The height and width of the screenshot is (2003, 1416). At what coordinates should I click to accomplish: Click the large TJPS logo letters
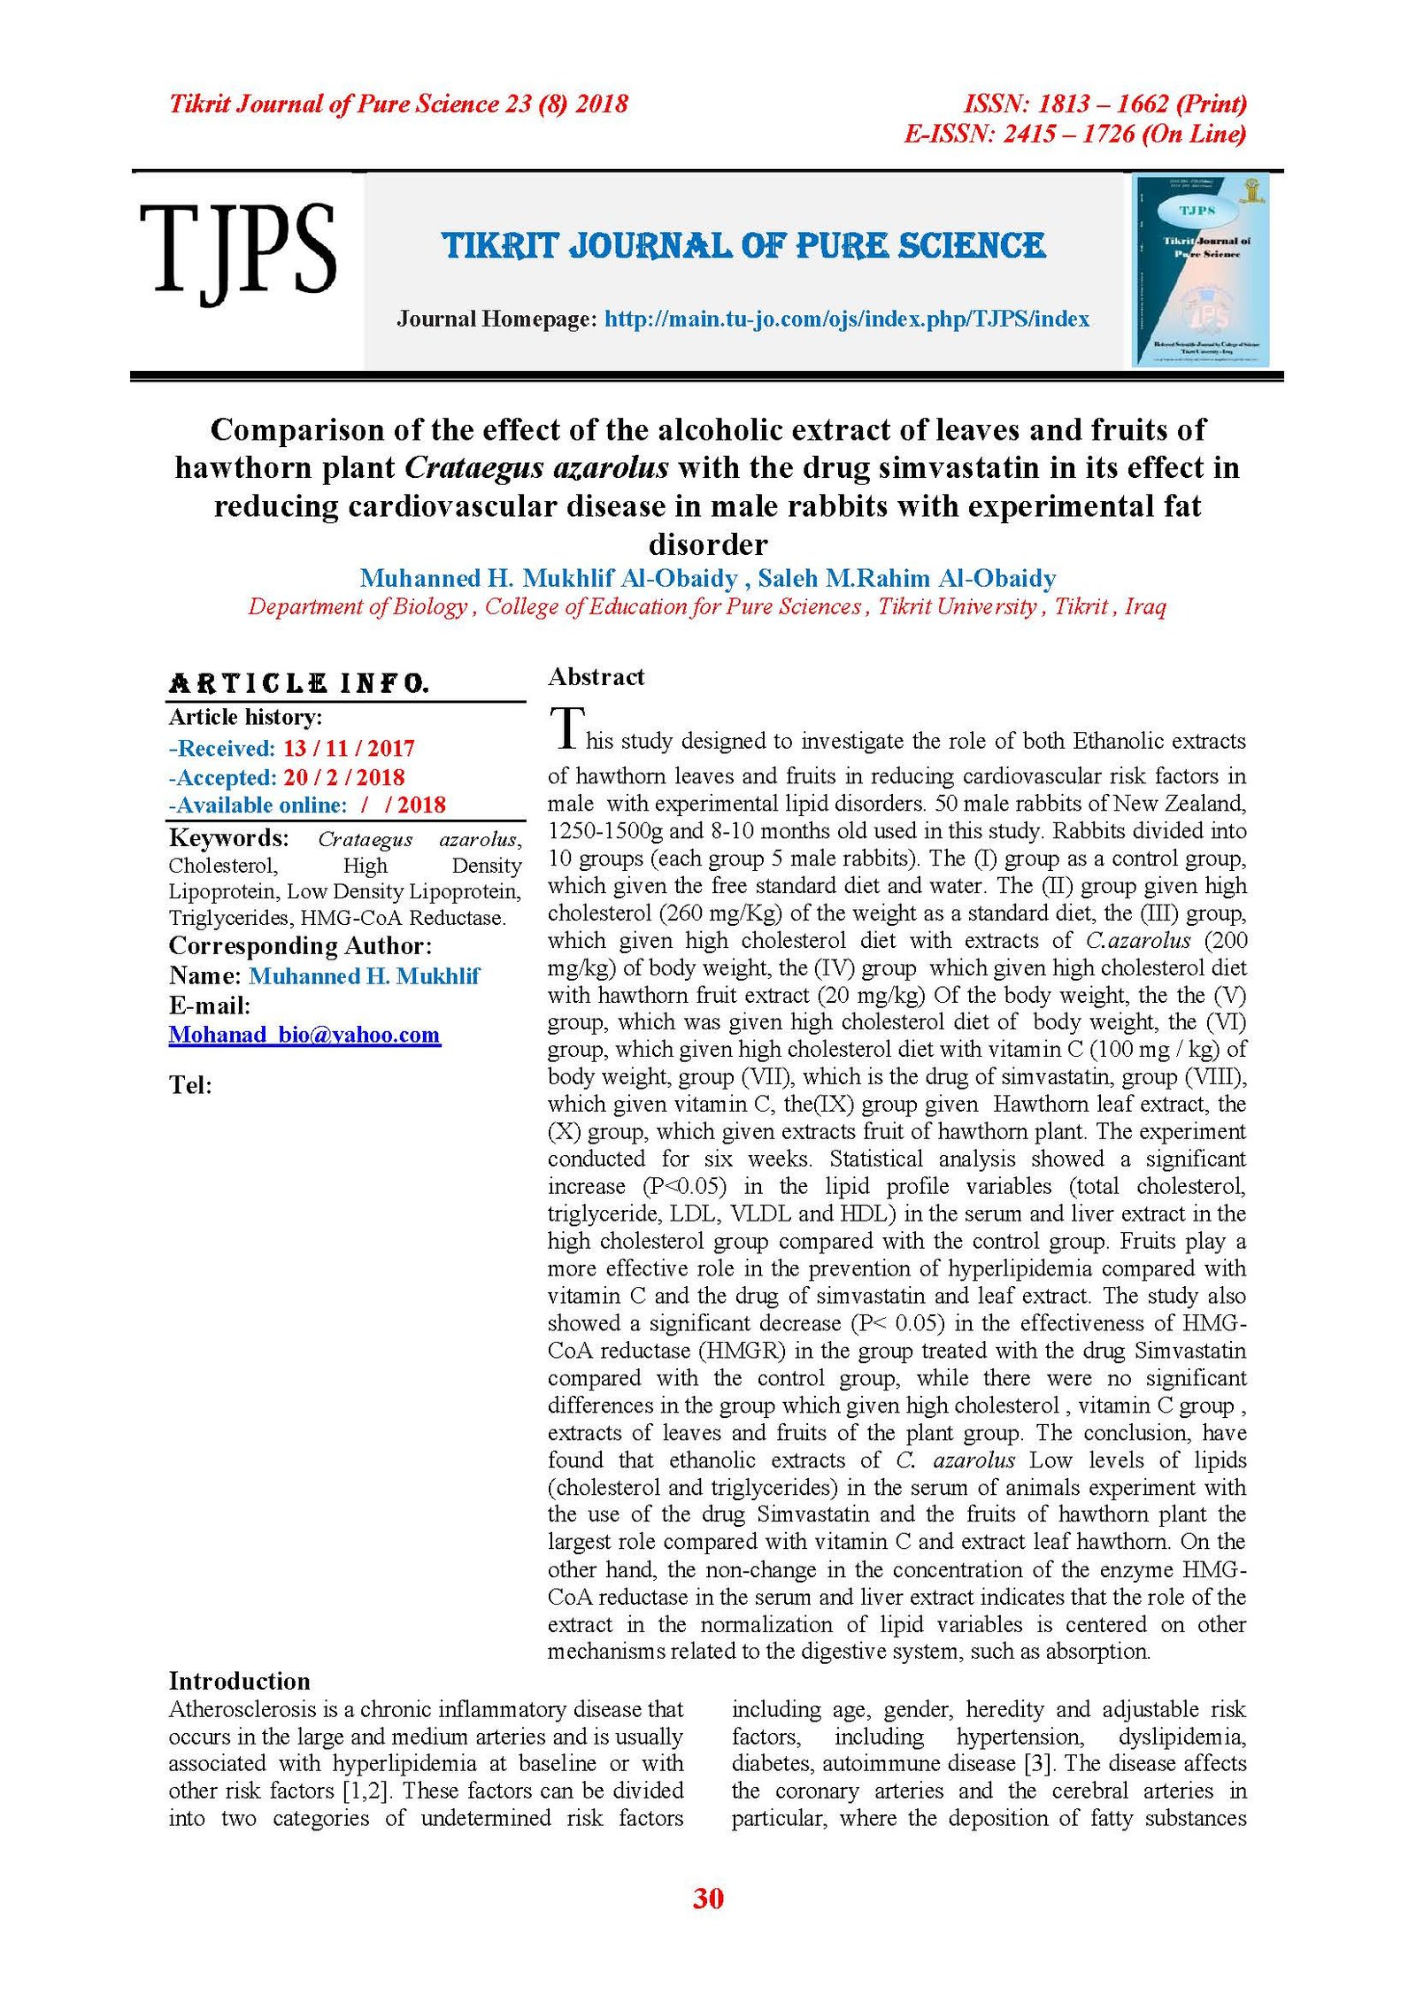coord(237,251)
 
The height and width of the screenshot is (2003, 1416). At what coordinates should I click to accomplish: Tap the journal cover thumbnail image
coord(1201,271)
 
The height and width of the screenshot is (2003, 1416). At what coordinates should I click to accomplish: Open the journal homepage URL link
coord(847,319)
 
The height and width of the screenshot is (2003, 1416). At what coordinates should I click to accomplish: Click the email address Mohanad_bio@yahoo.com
coord(304,1035)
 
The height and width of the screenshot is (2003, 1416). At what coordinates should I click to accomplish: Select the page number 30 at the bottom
coord(708,1898)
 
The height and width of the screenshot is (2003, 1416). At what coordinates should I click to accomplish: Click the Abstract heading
coord(596,677)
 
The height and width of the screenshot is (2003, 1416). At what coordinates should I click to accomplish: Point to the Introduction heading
coord(239,1681)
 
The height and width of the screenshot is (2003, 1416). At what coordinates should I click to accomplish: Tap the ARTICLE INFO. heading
coord(299,683)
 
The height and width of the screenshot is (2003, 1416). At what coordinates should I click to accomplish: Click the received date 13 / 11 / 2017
coord(349,748)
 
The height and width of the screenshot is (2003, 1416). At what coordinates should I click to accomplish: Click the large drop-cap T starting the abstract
coord(566,728)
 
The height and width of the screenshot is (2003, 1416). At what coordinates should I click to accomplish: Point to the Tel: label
coord(190,1085)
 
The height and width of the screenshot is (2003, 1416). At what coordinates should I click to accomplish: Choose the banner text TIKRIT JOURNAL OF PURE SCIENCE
coord(743,246)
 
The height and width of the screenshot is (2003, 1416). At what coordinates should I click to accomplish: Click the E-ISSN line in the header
coord(1074,134)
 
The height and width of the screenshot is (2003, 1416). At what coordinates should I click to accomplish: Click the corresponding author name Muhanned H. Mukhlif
coord(364,975)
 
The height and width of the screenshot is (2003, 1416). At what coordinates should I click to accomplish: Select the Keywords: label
coord(228,837)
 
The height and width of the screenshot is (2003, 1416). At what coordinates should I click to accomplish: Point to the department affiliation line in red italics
coord(707,606)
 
